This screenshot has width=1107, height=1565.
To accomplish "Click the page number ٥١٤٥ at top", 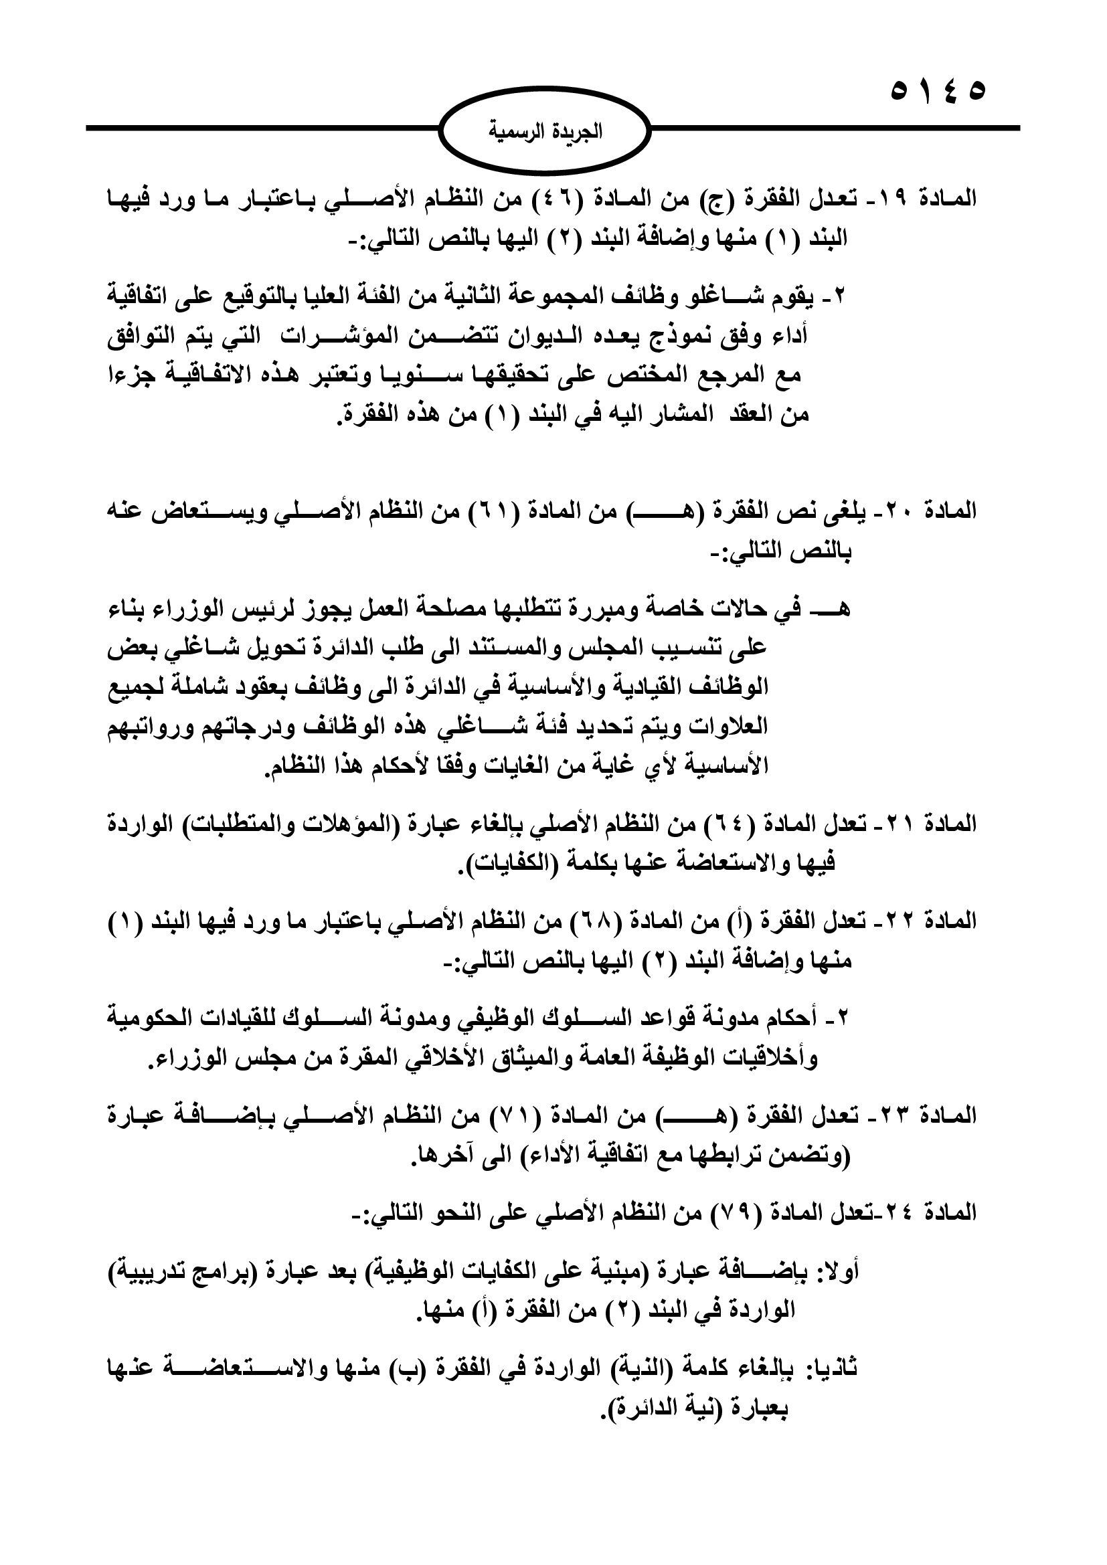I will pyautogui.click(x=938, y=92).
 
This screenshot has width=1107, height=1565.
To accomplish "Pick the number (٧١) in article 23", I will pyautogui.click(x=506, y=1116).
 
